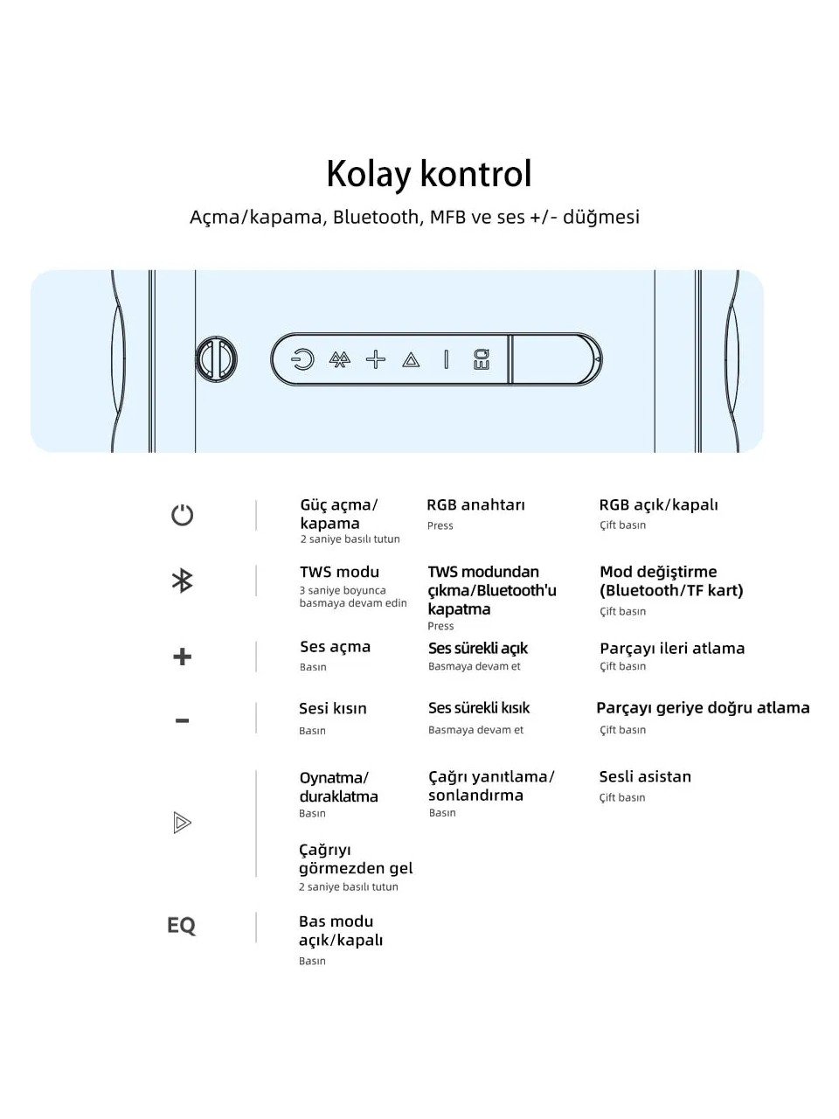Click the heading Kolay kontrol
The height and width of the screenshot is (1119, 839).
(428, 174)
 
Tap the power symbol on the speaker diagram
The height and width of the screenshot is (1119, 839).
(302, 359)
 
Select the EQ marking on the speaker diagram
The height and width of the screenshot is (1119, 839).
(482, 359)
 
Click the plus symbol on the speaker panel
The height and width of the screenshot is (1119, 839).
(376, 359)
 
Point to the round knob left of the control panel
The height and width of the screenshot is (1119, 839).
(217, 359)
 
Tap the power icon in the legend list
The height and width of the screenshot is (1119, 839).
(182, 514)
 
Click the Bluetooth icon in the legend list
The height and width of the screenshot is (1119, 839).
(182, 580)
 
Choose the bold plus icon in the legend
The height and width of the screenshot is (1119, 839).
(182, 657)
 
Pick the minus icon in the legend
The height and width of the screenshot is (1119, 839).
(182, 721)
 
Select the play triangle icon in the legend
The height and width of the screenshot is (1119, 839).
(182, 823)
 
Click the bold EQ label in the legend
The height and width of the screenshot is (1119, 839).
(181, 925)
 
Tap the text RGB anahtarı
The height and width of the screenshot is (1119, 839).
(475, 505)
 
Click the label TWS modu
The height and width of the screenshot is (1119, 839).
(339, 572)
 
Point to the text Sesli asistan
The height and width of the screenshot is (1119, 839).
(645, 776)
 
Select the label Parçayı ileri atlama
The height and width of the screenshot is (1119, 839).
(672, 648)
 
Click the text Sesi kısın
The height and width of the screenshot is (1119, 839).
(333, 708)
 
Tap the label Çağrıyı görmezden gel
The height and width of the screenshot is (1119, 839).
(355, 858)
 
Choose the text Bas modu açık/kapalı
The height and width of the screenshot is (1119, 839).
(340, 930)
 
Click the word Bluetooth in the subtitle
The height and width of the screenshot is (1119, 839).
(376, 217)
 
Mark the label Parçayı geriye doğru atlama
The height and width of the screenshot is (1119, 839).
(703, 708)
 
